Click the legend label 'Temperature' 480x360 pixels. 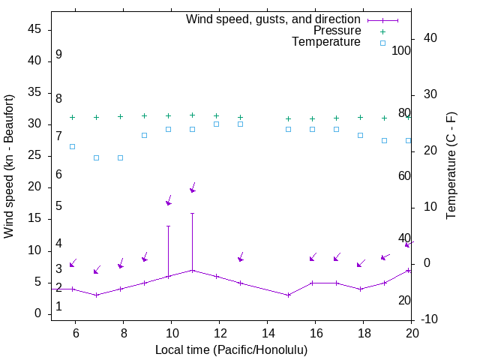coord(326,42)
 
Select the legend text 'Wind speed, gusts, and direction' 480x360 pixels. coord(274,19)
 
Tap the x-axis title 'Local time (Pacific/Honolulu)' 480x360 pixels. coord(231,349)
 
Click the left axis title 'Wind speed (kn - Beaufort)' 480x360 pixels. coord(9,166)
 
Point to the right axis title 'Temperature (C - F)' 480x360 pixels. coord(451,166)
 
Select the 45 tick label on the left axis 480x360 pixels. coord(34,29)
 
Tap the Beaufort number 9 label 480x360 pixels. coord(58,55)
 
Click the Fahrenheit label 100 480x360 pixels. coord(401,51)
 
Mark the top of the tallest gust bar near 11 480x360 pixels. coord(193,213)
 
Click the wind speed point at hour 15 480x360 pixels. coord(289,295)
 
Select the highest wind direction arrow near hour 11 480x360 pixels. coord(193,187)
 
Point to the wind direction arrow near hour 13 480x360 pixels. coord(241,257)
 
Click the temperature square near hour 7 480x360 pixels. coord(97,157)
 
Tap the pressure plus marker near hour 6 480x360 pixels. coord(73,118)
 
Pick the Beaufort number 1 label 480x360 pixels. coord(58,307)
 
